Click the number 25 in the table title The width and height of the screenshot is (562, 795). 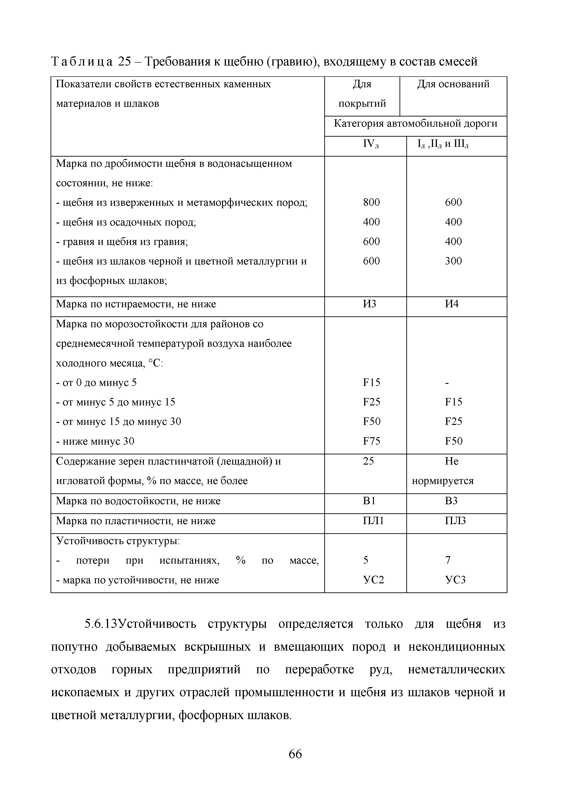tap(124, 62)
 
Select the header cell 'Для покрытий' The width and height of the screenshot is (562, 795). tap(362, 94)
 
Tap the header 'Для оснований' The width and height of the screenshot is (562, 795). tap(453, 84)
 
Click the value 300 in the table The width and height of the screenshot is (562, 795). tap(453, 261)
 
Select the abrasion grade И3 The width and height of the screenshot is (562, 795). tap(369, 304)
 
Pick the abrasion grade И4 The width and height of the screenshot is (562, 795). tap(452, 304)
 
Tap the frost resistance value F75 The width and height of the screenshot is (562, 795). tap(371, 441)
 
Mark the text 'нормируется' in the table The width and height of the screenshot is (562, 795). tap(443, 481)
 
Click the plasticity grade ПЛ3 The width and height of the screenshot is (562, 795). tap(455, 521)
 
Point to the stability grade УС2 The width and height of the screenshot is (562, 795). tap(373, 580)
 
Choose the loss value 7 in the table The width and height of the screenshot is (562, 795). tap(448, 560)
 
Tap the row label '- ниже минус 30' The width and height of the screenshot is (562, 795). tap(95, 441)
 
